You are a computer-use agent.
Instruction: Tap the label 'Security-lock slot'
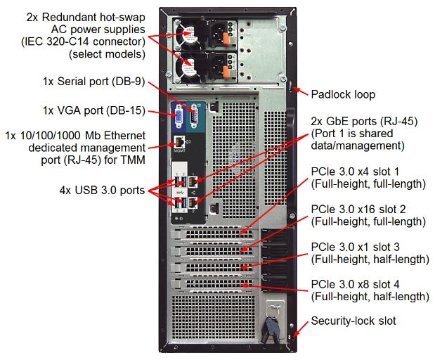coord(353,321)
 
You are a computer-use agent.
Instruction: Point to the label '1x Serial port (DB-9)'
coord(93,82)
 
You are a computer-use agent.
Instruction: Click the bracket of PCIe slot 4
coord(211,285)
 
